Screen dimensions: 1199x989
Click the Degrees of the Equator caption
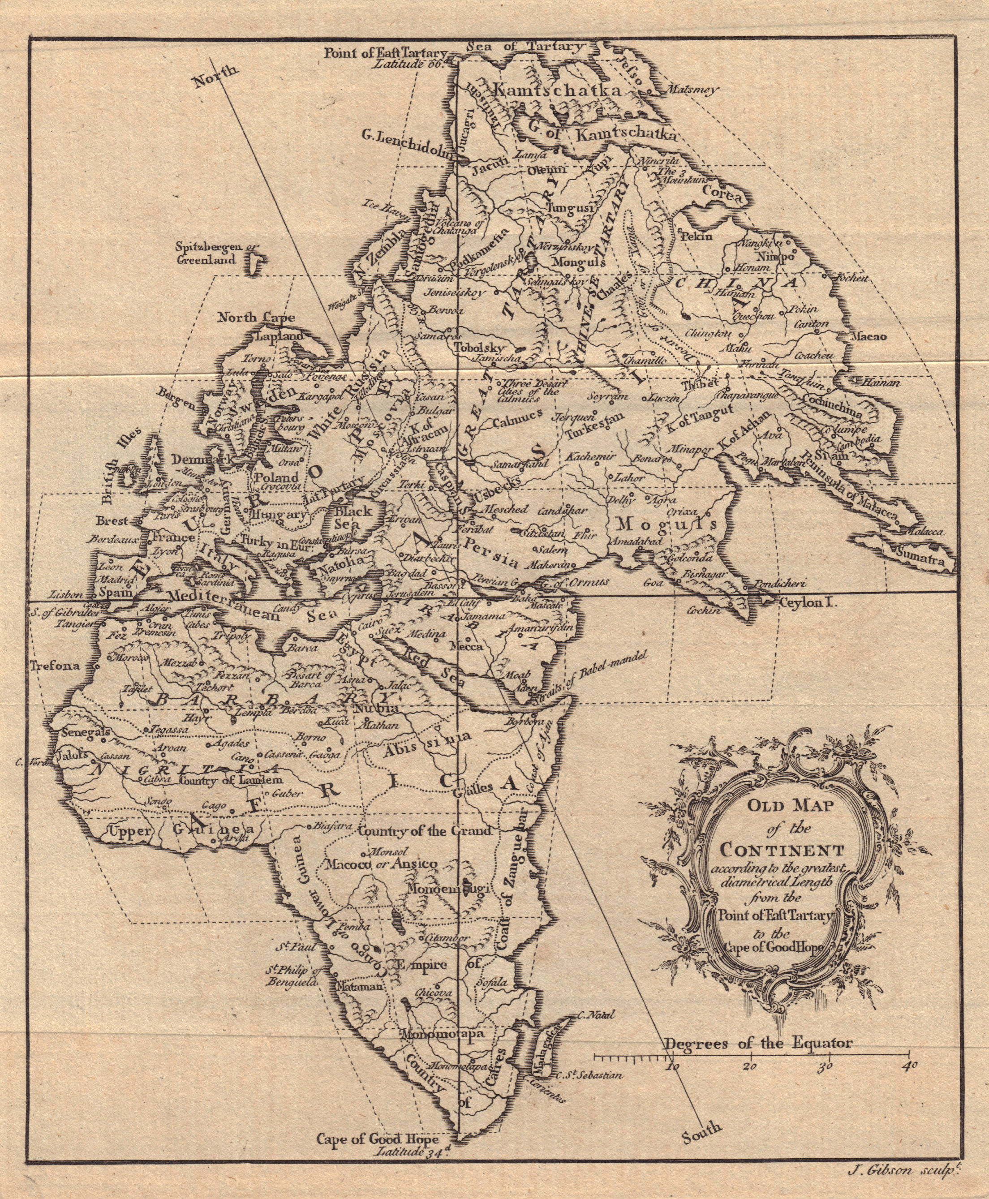click(758, 1043)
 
